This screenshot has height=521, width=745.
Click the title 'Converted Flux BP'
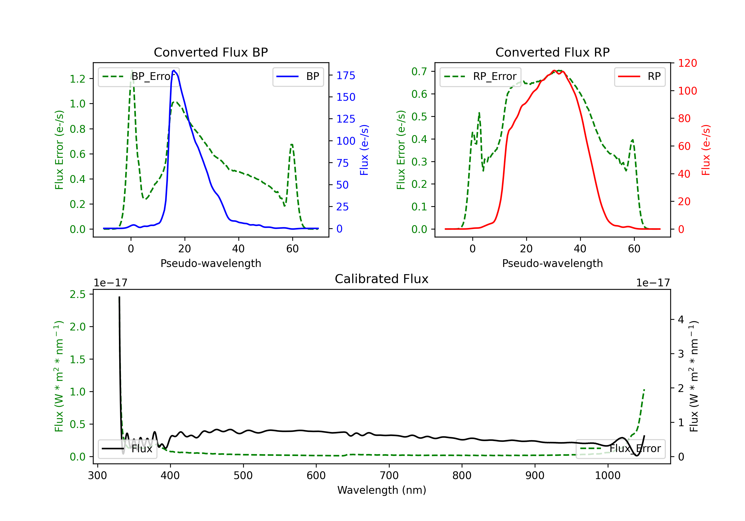(211, 52)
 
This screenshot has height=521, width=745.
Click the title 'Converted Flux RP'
(552, 52)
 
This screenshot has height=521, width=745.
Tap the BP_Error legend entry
(139, 76)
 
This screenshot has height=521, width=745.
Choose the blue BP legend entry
(298, 76)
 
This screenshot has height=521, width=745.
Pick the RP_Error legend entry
(480, 76)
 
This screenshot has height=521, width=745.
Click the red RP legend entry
(639, 76)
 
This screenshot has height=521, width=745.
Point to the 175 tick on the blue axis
(346, 75)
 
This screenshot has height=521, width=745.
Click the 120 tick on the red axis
(687, 63)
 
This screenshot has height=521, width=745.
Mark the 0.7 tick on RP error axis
(419, 71)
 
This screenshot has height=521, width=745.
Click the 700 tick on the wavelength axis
(389, 476)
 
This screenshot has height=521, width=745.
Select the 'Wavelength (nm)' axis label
(382, 490)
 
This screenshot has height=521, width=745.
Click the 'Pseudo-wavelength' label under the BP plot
(211, 263)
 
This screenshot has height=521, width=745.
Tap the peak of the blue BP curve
(174, 70)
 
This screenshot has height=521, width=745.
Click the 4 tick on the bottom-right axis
(681, 320)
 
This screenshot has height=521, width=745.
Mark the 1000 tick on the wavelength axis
(607, 476)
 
